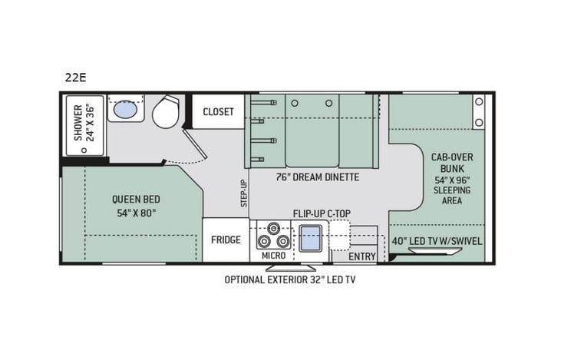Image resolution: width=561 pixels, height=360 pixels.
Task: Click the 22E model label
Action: click(x=74, y=76)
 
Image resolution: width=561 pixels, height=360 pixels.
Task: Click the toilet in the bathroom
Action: click(x=166, y=112)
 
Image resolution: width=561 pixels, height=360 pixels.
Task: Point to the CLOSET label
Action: click(x=218, y=112)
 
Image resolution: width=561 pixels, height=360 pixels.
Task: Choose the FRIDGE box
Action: click(x=226, y=239)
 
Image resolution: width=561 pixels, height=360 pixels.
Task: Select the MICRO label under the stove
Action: click(x=273, y=255)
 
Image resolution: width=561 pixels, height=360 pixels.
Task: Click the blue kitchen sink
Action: click(x=309, y=239)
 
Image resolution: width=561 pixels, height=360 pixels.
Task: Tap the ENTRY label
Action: click(x=362, y=256)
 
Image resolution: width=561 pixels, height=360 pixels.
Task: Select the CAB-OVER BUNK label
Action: click(x=451, y=162)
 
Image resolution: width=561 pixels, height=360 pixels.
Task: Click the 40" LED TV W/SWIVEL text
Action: click(x=436, y=240)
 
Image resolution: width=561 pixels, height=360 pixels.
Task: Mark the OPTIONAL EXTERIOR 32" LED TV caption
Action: click(x=289, y=280)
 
